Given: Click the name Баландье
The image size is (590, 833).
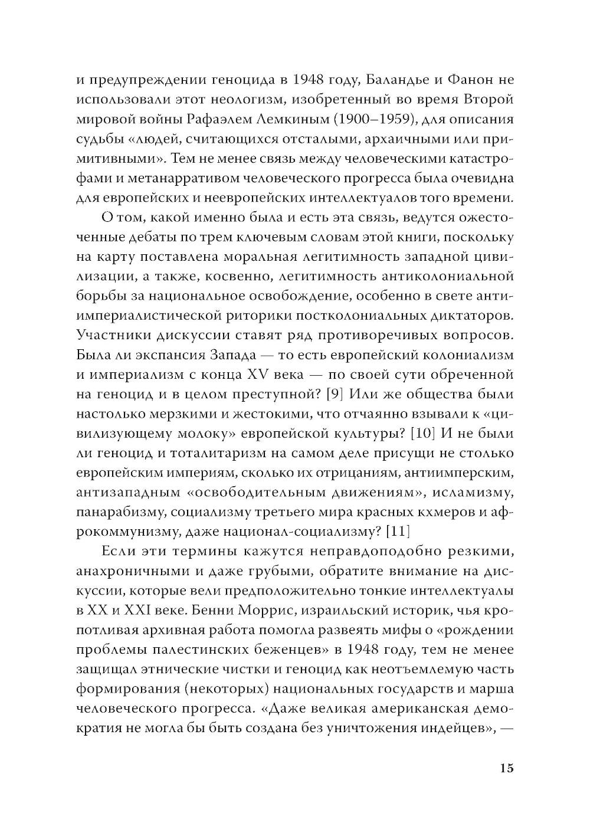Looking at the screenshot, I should pos(368,81).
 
